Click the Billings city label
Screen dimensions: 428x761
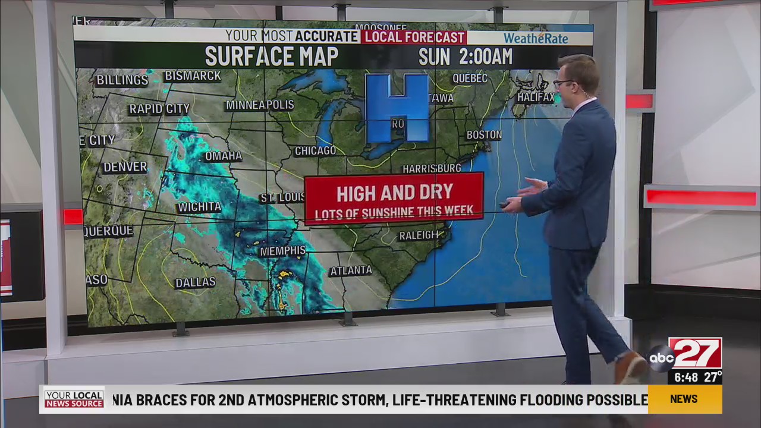tap(122, 80)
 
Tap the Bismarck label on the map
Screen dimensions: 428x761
tap(193, 76)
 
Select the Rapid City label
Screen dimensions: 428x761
tap(159, 109)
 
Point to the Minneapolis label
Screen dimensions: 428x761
tap(260, 105)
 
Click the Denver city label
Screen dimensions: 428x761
tap(125, 167)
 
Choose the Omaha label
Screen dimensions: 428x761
tap(224, 156)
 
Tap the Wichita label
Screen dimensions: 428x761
tap(199, 207)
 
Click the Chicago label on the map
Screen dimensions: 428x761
tap(315, 151)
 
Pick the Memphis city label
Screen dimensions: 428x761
tap(283, 251)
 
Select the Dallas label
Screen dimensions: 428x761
tap(195, 283)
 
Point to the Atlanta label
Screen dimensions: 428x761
tap(351, 271)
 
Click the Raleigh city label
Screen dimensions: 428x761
tap(419, 235)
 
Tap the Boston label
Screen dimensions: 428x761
tap(484, 135)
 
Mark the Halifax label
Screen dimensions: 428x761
tap(536, 97)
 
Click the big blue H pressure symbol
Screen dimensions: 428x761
tap(397, 108)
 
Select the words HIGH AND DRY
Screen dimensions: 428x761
tap(395, 193)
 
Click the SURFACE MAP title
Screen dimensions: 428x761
tap(272, 56)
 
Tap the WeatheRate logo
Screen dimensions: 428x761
tap(536, 39)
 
